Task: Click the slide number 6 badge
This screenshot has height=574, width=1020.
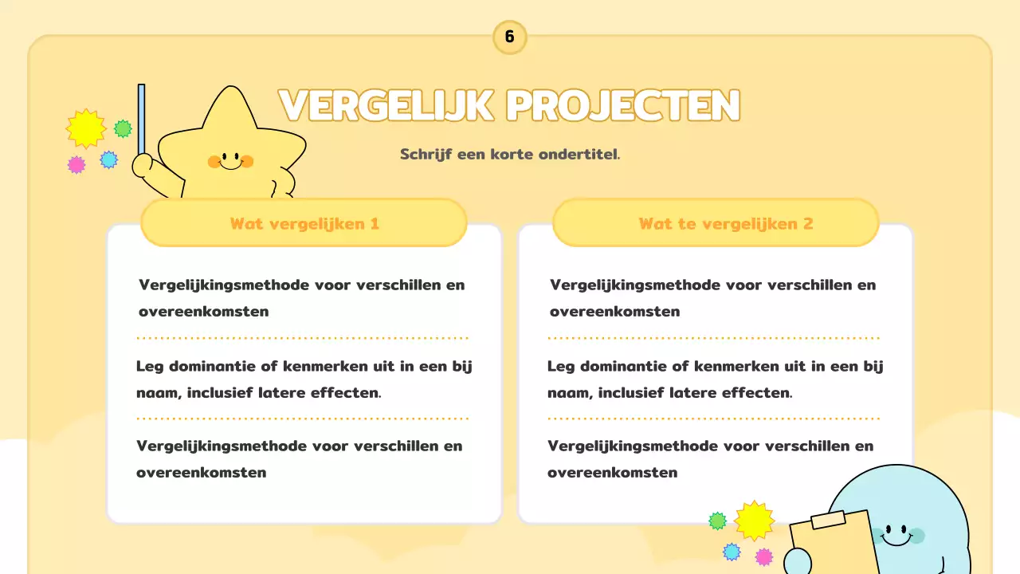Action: pyautogui.click(x=509, y=37)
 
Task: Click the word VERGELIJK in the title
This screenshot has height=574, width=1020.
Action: pyautogui.click(x=386, y=105)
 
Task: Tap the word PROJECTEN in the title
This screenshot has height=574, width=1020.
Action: pyautogui.click(x=622, y=105)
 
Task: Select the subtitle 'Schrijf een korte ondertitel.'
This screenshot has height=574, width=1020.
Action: pyautogui.click(x=510, y=154)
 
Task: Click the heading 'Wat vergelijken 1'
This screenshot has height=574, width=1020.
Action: pyautogui.click(x=304, y=223)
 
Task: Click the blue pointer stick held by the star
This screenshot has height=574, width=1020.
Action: pyautogui.click(x=142, y=120)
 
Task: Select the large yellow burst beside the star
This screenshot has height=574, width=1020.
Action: pyautogui.click(x=86, y=128)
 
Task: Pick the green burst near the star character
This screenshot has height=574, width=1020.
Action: pyautogui.click(x=123, y=128)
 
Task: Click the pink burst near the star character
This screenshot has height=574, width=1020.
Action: pyautogui.click(x=76, y=165)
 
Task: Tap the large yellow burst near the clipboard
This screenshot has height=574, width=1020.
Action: pyautogui.click(x=754, y=521)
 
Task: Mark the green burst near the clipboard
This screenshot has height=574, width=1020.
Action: pyautogui.click(x=718, y=521)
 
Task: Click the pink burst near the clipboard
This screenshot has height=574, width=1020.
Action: pyautogui.click(x=764, y=556)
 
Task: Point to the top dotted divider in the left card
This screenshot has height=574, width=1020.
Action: pyautogui.click(x=303, y=338)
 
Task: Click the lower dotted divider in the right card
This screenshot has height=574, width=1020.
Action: pyautogui.click(x=714, y=418)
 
